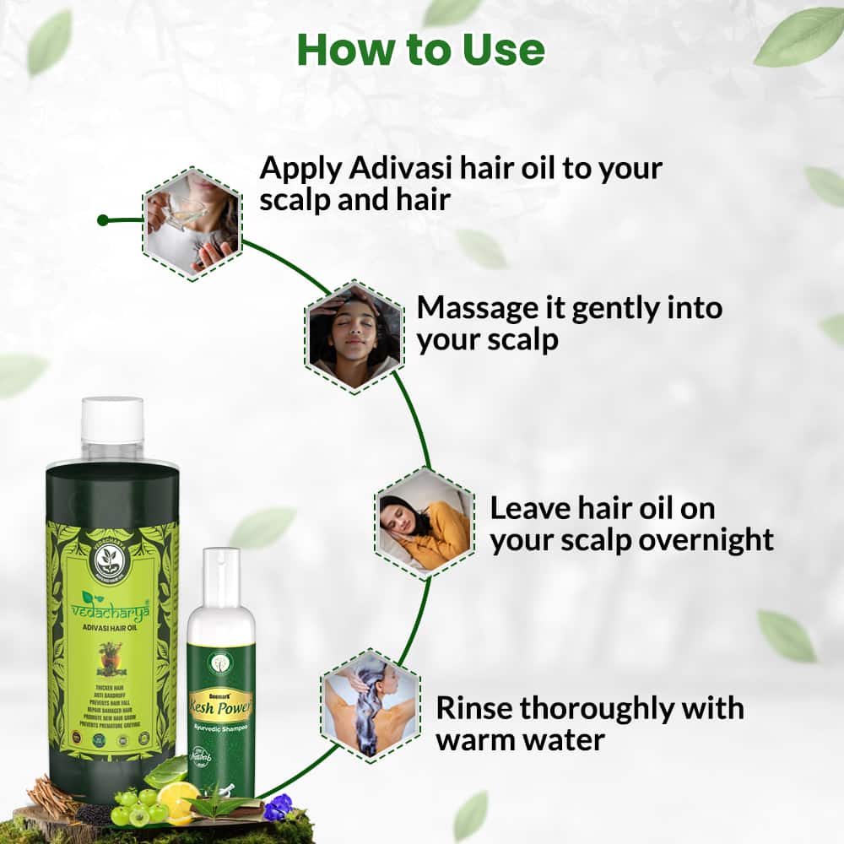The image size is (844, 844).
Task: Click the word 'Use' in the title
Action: click(503, 50)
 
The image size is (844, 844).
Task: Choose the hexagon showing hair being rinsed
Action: click(370, 706)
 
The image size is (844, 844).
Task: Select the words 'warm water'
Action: click(521, 739)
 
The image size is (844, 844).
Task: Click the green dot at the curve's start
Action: click(102, 220)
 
